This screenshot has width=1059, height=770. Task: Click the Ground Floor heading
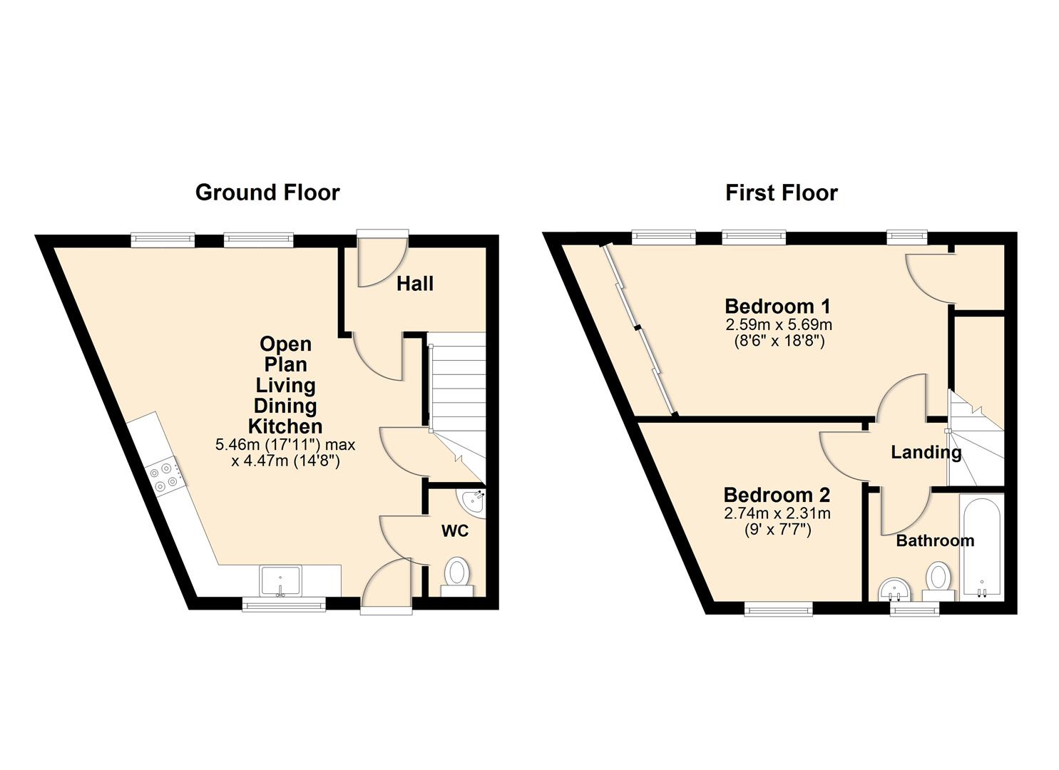pyautogui.click(x=267, y=192)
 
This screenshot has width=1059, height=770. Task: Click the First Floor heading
pyautogui.click(x=782, y=193)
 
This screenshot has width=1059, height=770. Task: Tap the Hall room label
pyautogui.click(x=414, y=284)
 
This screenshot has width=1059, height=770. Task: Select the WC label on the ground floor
pyautogui.click(x=455, y=531)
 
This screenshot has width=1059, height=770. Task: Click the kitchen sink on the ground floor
pyautogui.click(x=280, y=581)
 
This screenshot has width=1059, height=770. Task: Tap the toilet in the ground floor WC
pyautogui.click(x=456, y=577)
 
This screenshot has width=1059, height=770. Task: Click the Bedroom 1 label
pyautogui.click(x=778, y=307)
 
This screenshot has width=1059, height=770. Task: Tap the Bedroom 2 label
pyautogui.click(x=777, y=495)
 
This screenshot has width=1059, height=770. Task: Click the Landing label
pyautogui.click(x=926, y=452)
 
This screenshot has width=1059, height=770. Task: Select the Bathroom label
pyautogui.click(x=935, y=540)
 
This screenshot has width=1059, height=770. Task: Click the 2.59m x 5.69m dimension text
pyautogui.click(x=779, y=325)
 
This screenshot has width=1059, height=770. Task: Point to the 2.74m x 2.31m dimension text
pyautogui.click(x=777, y=513)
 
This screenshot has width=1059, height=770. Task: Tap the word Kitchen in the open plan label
pyautogui.click(x=285, y=426)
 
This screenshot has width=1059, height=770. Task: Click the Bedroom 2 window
pyautogui.click(x=778, y=610)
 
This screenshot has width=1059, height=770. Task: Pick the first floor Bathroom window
pyautogui.click(x=914, y=610)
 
